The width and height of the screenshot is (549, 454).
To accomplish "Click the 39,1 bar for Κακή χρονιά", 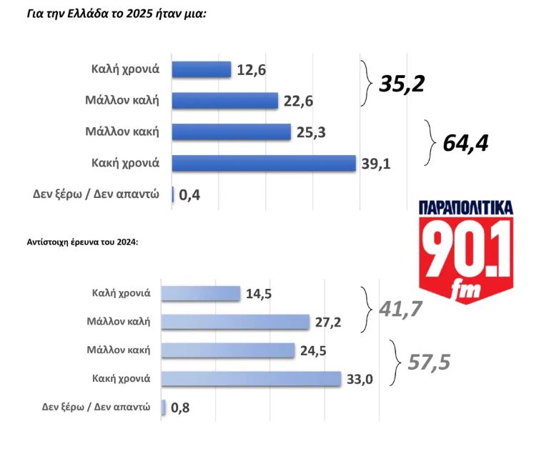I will (264, 163).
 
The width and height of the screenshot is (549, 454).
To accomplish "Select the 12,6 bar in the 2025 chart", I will (202, 69).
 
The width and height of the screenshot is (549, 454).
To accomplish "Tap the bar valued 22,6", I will (225, 101).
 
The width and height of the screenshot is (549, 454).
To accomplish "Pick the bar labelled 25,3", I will (232, 132).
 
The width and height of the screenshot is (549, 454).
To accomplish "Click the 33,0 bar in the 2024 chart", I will (252, 379).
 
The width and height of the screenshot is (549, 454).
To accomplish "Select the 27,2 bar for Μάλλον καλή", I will (236, 322).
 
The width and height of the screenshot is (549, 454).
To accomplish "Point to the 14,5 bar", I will (202, 293).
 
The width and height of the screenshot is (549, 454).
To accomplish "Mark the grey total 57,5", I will (429, 362).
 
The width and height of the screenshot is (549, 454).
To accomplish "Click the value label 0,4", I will (189, 194).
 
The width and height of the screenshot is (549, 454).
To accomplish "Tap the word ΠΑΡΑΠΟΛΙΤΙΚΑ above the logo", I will (465, 208).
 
